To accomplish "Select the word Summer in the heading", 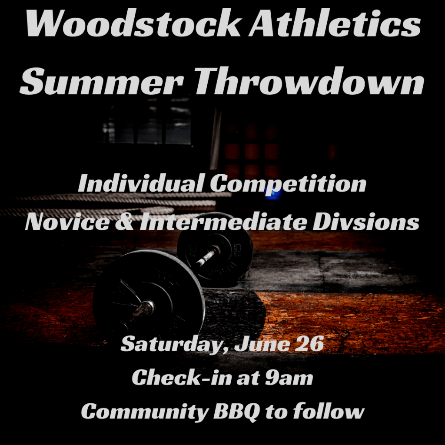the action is [101, 81].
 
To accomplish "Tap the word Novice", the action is [67, 222].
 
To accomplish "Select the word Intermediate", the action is [223, 221].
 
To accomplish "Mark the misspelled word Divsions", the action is [366, 221].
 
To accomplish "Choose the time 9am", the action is [289, 379].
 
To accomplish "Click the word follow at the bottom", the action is [329, 411].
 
